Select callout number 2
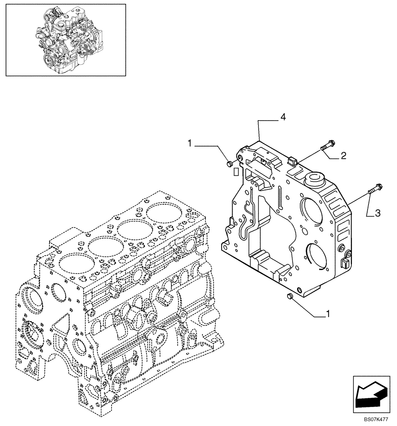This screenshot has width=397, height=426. click(x=342, y=156)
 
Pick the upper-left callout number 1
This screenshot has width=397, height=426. click(x=189, y=145)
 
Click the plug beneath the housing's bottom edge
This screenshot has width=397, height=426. click(x=291, y=297)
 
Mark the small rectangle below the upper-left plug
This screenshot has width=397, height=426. click(x=235, y=172)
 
